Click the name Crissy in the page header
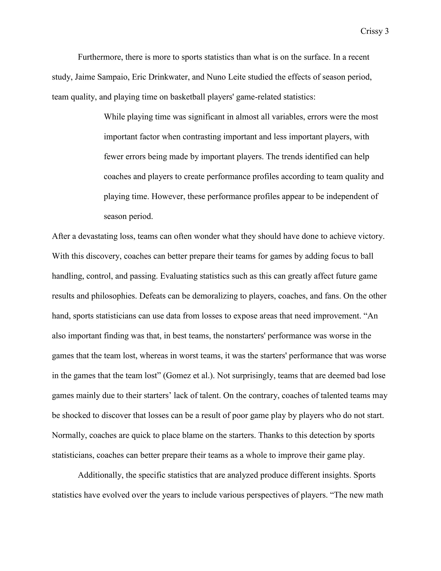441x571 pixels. tap(371, 31)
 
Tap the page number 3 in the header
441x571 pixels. tap(387, 31)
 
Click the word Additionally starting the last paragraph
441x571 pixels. tap(100, 475)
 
